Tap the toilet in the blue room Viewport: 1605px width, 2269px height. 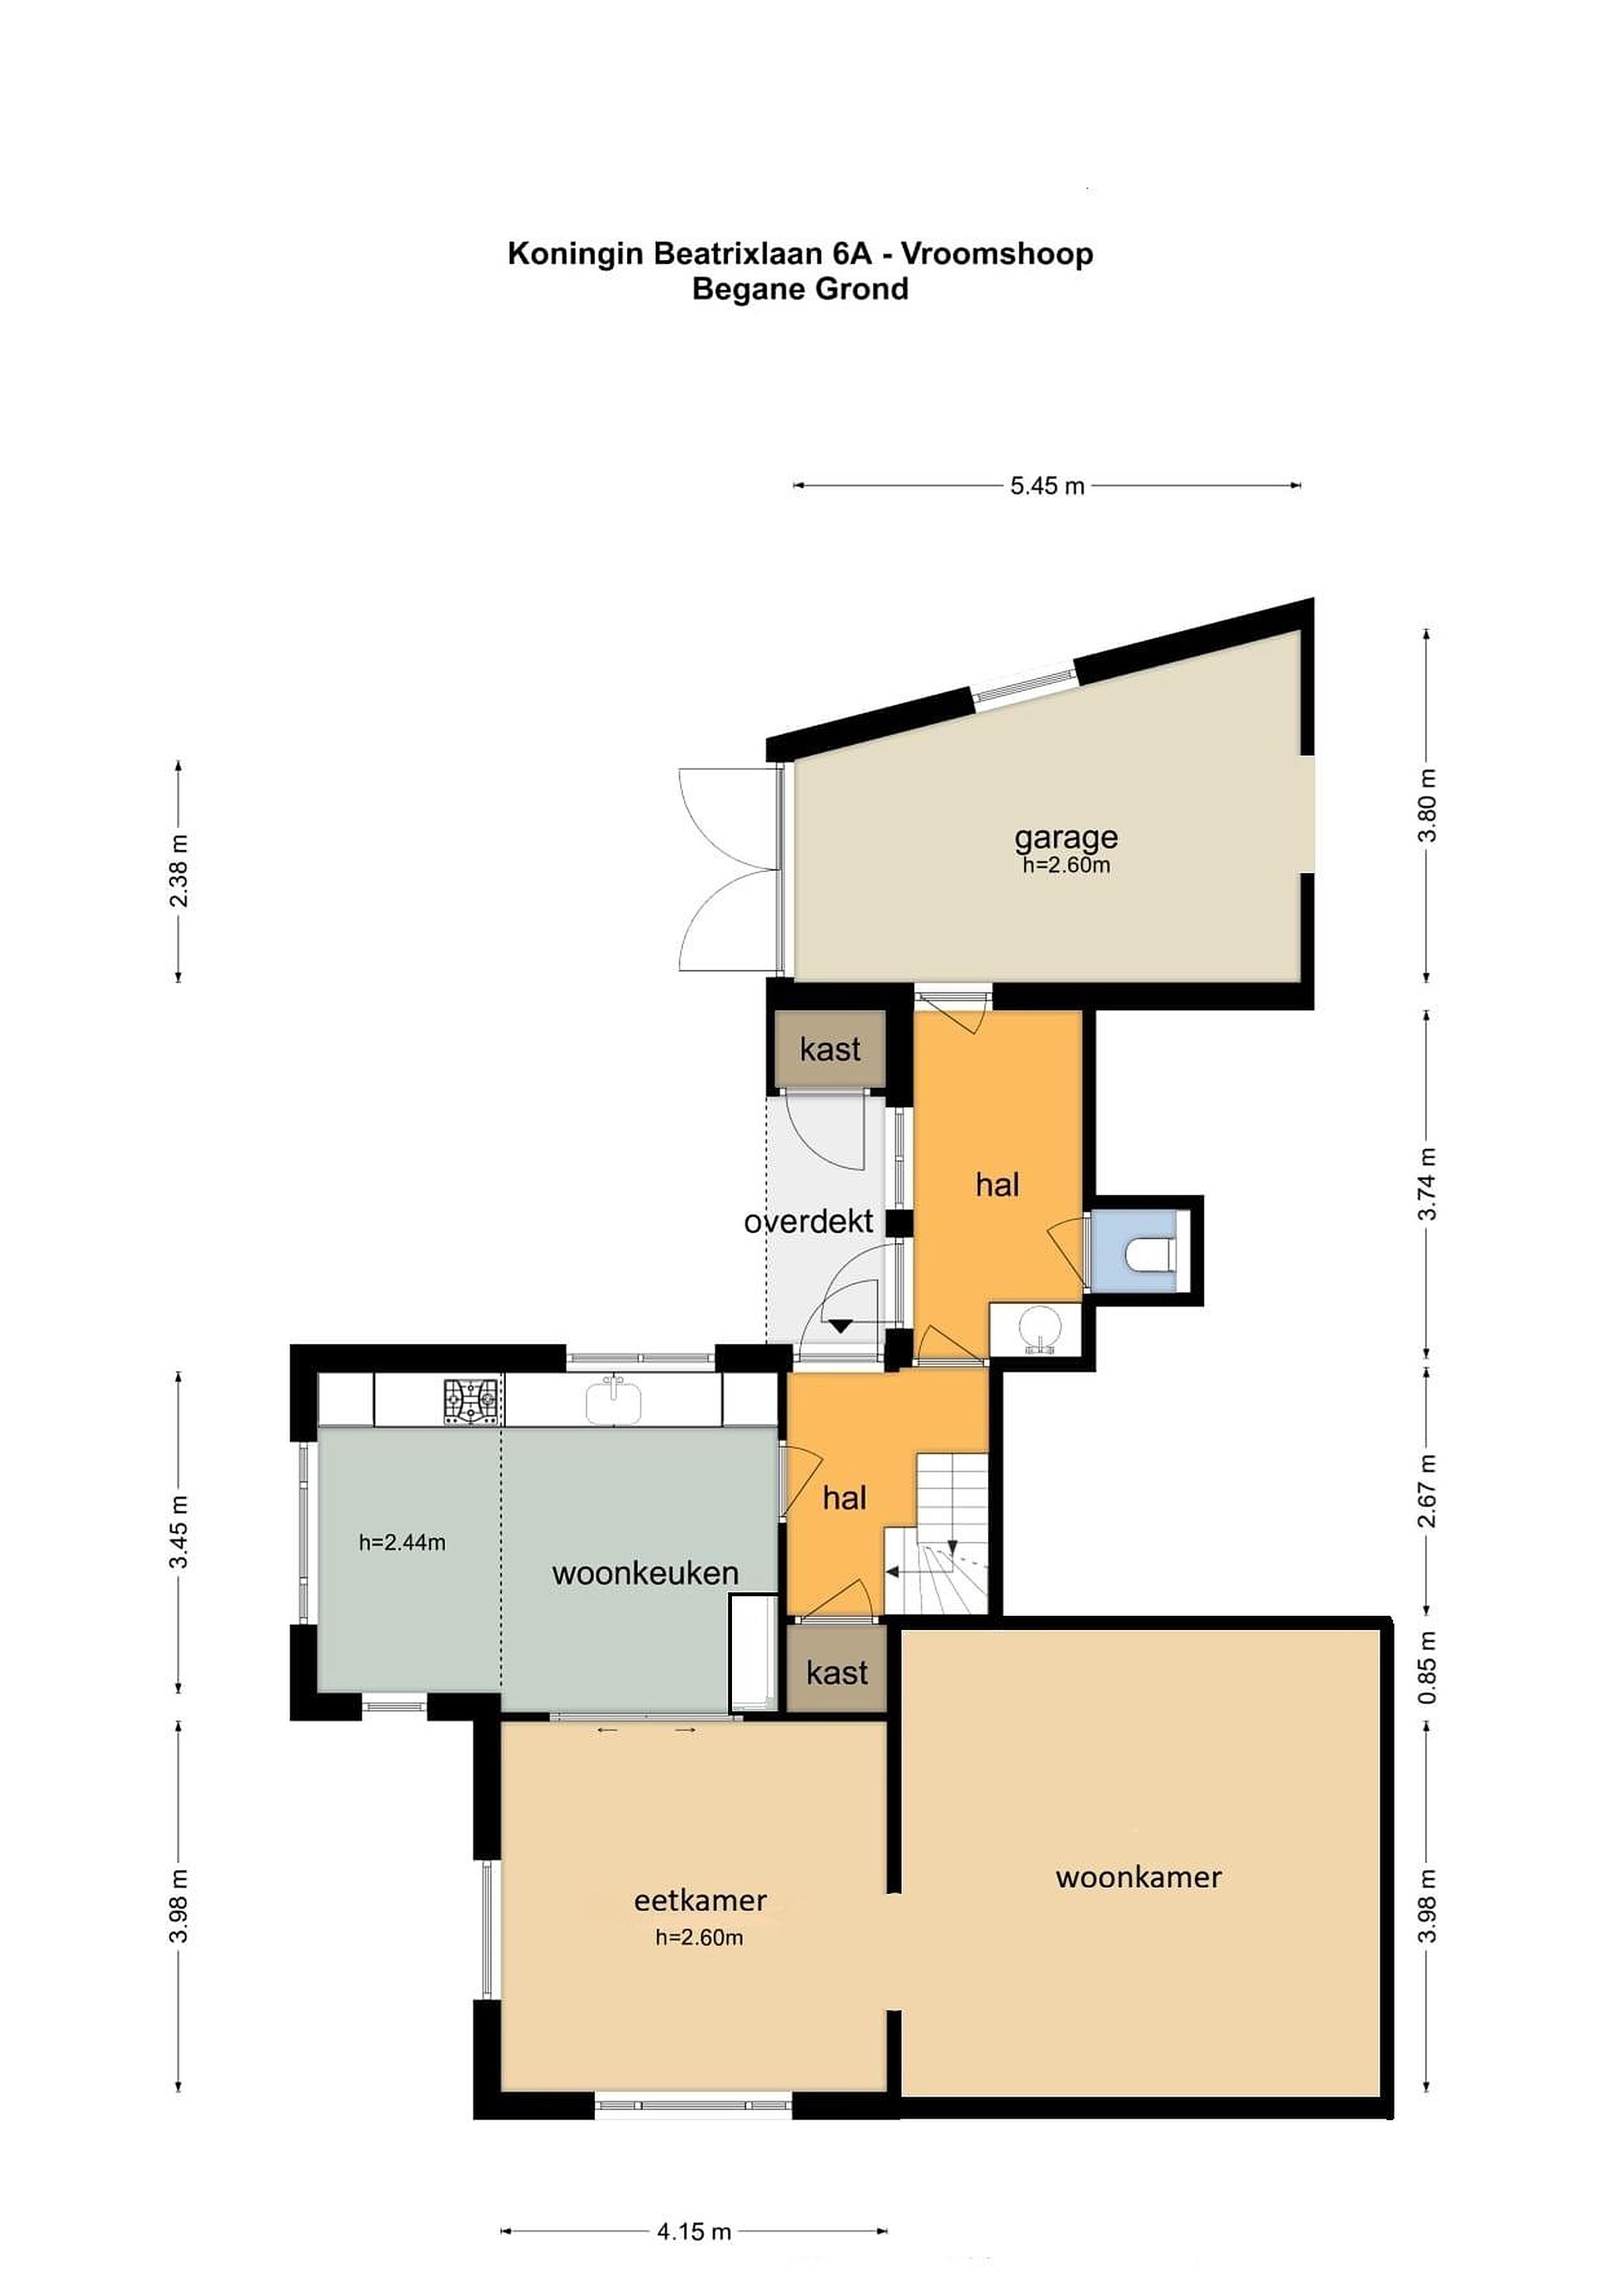1150,1253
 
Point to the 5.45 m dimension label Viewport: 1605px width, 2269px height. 1046,485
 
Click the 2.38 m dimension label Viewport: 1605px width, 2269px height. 179,871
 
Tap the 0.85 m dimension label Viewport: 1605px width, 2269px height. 1427,1667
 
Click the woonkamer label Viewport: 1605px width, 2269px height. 1139,1877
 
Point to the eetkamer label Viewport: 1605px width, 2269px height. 700,1900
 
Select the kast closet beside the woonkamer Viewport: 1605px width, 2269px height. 837,1671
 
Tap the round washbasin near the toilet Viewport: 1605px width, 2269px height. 1038,1326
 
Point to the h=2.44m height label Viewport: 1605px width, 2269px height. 403,1542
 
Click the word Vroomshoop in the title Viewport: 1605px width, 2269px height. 998,254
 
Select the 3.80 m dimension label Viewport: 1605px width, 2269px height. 1427,804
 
